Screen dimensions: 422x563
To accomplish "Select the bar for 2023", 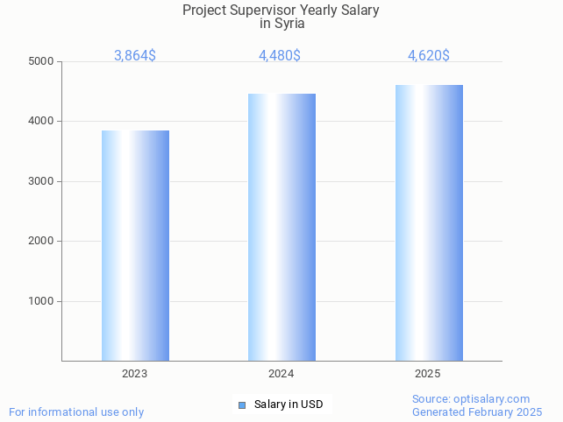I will point(135,245).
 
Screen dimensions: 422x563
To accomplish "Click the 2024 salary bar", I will point(281,227).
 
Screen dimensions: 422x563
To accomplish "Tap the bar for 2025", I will point(429,222).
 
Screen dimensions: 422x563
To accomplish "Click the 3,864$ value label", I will point(135,56).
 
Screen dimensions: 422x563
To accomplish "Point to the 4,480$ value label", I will point(280,56).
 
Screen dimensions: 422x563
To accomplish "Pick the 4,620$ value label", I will point(429,56).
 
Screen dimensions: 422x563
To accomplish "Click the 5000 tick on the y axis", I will point(40,61).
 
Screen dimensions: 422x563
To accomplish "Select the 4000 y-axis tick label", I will point(40,121).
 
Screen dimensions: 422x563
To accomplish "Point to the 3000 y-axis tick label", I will point(40,181).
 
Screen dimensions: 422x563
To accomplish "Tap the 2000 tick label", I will point(40,241).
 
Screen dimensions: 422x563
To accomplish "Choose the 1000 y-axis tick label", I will point(40,301).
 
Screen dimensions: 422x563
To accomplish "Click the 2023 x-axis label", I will point(134,374).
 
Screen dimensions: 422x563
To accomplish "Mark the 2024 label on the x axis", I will point(281,374).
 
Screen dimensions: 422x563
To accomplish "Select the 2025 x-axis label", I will point(428,374).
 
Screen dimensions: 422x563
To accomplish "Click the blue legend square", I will point(242,404).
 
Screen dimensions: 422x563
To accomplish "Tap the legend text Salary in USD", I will point(289,404).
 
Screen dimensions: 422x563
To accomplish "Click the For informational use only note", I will point(76,411).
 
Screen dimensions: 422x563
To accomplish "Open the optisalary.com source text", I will point(492,398).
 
